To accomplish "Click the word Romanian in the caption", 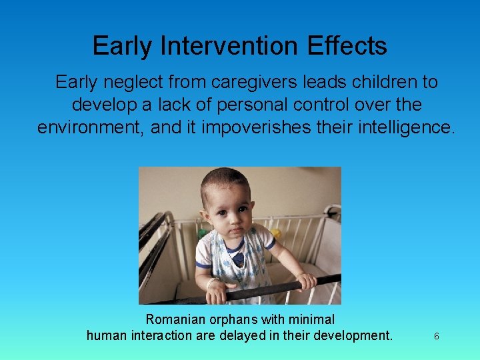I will coord(173,319).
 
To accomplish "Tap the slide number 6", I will coord(436,337).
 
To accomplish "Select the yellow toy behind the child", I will coord(275,234).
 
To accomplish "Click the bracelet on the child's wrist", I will coord(213,283).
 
